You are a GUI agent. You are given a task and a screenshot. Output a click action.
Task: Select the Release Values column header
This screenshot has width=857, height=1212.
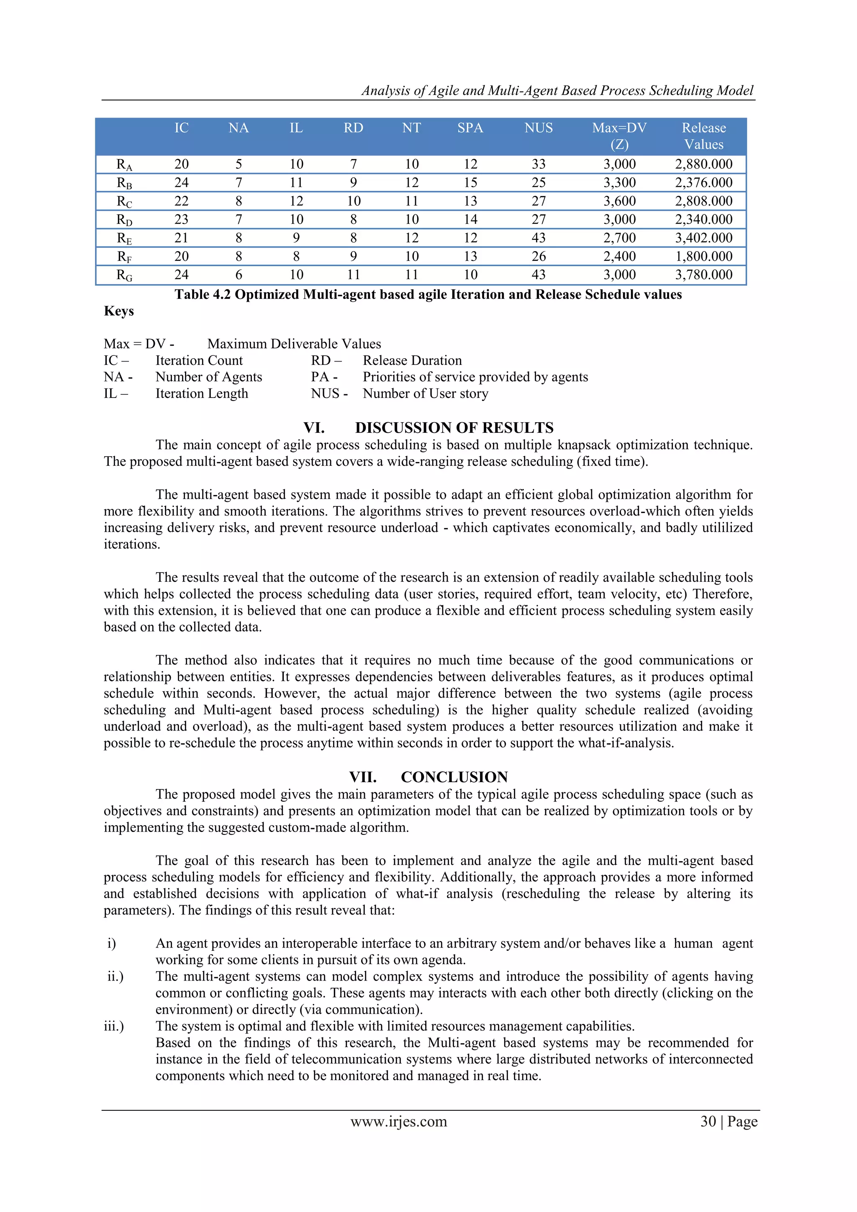[703, 136]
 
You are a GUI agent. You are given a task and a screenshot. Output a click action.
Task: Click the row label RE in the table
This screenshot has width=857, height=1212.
[124, 239]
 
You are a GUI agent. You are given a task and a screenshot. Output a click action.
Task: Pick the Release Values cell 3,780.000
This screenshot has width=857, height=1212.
[703, 275]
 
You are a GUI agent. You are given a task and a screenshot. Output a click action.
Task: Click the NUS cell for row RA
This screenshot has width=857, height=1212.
[538, 164]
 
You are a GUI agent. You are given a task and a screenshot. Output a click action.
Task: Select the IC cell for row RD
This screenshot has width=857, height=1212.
[181, 220]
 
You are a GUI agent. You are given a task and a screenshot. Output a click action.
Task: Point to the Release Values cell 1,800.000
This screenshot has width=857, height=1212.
[703, 257]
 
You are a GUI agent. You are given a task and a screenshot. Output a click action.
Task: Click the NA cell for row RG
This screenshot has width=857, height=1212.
[239, 275]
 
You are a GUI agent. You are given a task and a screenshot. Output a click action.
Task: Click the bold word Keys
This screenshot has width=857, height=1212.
[119, 311]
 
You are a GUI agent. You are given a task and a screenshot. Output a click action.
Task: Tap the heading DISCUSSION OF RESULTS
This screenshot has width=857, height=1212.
[454, 428]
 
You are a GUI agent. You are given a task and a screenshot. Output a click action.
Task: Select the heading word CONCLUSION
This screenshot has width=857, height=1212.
[454, 777]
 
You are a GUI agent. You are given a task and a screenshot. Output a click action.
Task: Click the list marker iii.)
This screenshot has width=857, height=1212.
[113, 1026]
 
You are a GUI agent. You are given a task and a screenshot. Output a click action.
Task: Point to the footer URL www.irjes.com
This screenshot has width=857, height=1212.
[398, 1121]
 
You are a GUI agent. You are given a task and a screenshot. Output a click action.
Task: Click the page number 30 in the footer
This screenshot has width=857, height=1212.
[708, 1121]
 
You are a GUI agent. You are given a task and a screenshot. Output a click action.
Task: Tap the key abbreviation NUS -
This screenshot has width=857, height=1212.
[329, 394]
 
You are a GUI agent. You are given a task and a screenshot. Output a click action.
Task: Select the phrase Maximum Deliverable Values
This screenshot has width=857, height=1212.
[294, 344]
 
